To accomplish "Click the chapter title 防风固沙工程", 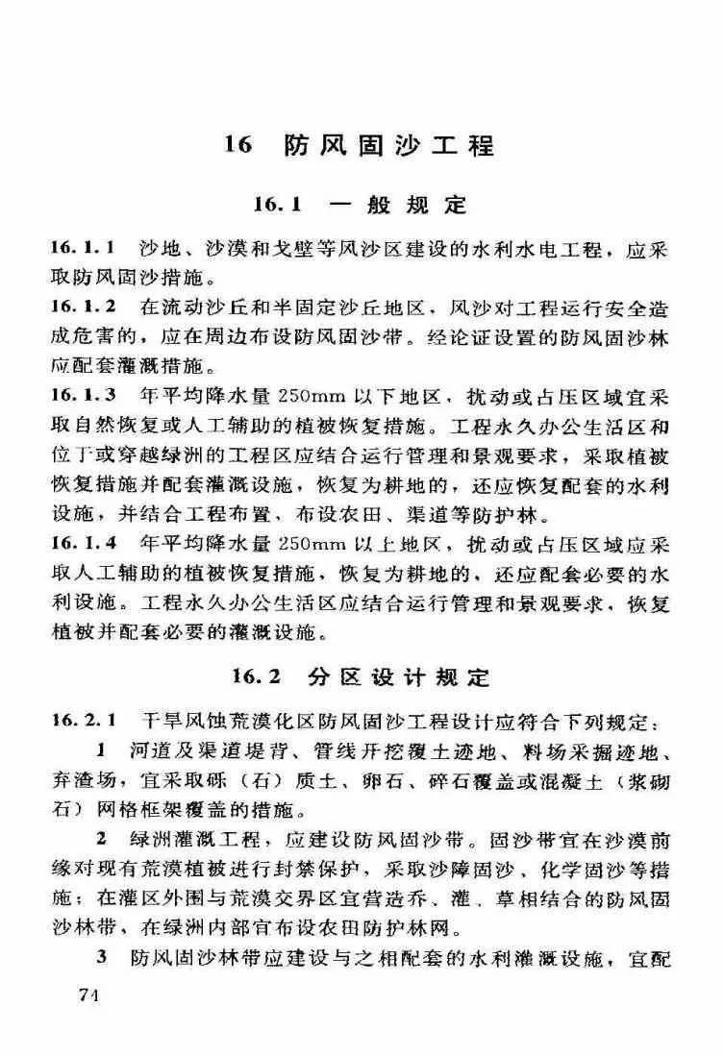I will click(x=389, y=146).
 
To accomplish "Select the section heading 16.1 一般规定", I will click(x=360, y=205).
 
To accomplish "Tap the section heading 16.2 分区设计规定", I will click(x=360, y=676).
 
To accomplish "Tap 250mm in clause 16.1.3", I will click(x=306, y=396).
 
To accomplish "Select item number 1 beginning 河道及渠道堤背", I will click(x=100, y=749).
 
